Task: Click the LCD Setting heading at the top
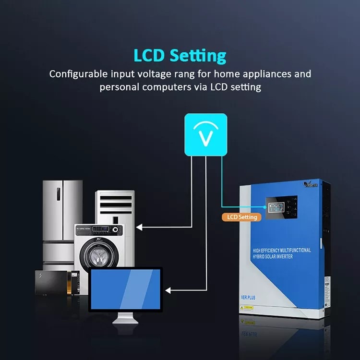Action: pyautogui.click(x=180, y=55)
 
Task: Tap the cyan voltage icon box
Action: pyautogui.click(x=205, y=134)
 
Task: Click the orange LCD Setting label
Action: pyautogui.click(x=241, y=217)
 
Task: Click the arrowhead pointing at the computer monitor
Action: pyautogui.click(x=168, y=290)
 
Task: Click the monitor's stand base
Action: pyautogui.click(x=125, y=321)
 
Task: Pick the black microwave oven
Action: pyautogui.click(x=53, y=283)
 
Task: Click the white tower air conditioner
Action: pyautogui.click(x=115, y=206)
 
